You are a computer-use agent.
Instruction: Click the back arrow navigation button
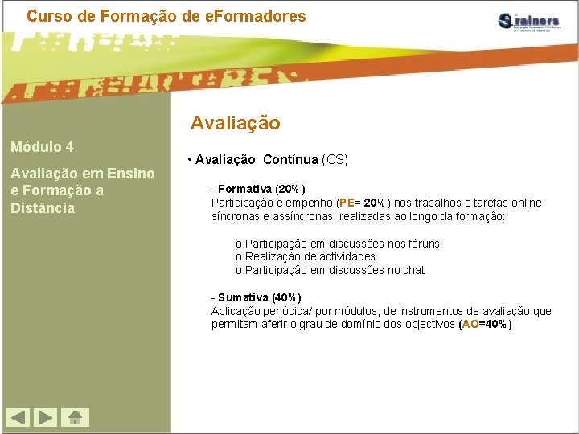[x=18, y=417]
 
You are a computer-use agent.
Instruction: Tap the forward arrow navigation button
[x=47, y=417]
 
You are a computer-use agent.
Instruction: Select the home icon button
[x=76, y=417]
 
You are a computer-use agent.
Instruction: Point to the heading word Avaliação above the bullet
[x=235, y=123]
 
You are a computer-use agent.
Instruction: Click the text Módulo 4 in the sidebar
[x=42, y=147]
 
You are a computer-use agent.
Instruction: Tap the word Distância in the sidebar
[x=43, y=208]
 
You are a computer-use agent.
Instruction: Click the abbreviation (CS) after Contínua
[x=335, y=159]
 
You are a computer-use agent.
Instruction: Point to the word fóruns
[x=421, y=244]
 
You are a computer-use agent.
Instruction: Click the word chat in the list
[x=413, y=270]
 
